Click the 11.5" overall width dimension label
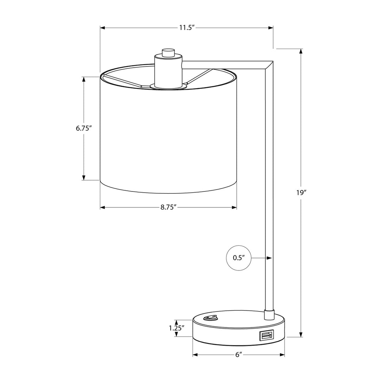[186, 27]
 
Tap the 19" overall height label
[301, 193]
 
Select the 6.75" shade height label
[84, 128]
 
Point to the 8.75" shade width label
[168, 207]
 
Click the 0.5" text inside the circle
[239, 258]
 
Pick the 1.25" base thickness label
[177, 328]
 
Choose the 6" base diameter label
[239, 355]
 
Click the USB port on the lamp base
[266, 336]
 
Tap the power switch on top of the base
[210, 318]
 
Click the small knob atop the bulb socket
[168, 53]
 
